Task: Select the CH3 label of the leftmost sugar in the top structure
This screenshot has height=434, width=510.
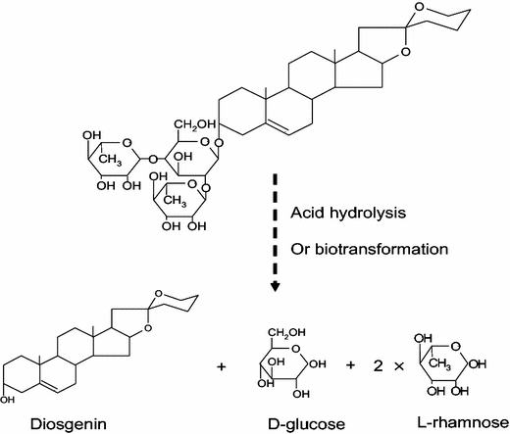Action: pyautogui.click(x=111, y=161)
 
